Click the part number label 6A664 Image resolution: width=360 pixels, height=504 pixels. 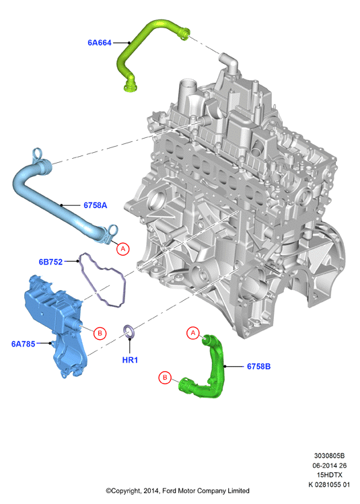click(x=100, y=43)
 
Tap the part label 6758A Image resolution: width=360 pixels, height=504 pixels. click(x=95, y=205)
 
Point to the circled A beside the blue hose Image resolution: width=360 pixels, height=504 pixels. click(x=122, y=249)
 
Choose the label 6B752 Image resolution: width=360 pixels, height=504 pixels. click(x=50, y=262)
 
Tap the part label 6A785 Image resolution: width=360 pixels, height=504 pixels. click(x=23, y=344)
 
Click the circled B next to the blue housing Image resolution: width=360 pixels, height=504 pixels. click(x=100, y=333)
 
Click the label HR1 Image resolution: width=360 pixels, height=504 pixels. click(x=130, y=360)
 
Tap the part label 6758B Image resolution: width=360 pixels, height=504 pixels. click(x=259, y=367)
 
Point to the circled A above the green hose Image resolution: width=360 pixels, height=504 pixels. click(x=193, y=333)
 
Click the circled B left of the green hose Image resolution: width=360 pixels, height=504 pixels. click(x=165, y=377)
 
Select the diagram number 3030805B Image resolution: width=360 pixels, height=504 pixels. click(x=329, y=456)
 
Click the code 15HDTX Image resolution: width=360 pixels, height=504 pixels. click(x=330, y=475)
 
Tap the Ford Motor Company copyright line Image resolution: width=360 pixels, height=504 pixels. click(x=178, y=491)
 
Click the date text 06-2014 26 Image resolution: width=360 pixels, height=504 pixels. click(x=330, y=466)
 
